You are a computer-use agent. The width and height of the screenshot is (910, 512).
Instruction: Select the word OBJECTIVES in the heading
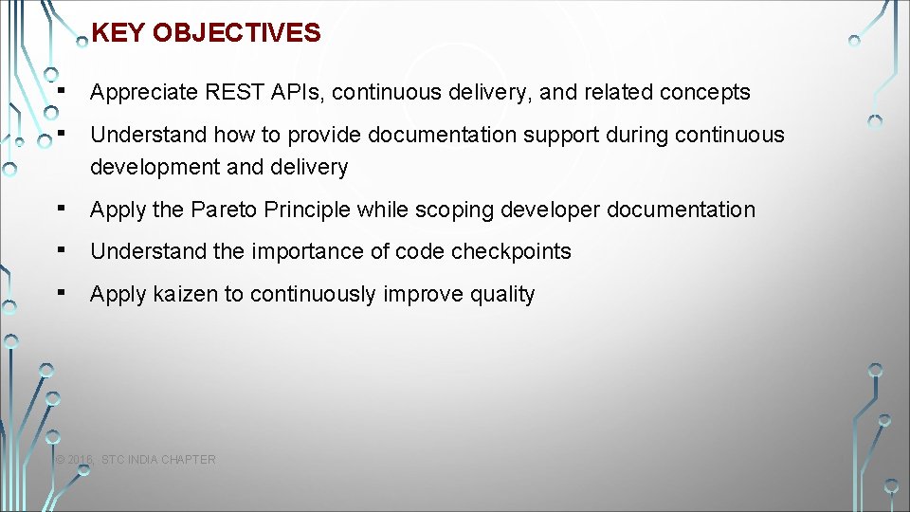236,33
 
